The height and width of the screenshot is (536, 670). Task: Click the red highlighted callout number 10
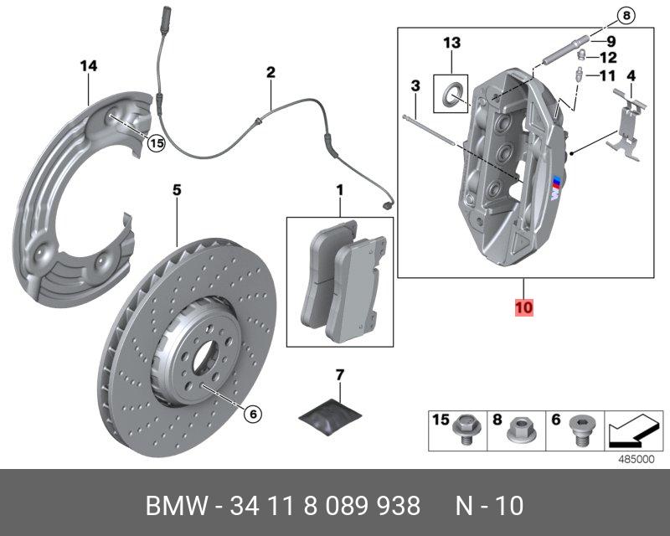point(523,308)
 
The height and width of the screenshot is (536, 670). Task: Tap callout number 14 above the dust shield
point(89,66)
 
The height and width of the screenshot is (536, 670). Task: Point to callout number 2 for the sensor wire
point(271,73)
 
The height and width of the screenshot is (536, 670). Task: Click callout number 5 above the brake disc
point(177,190)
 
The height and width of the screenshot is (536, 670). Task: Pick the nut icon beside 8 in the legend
point(518,430)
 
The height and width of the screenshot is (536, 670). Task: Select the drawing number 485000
point(636,460)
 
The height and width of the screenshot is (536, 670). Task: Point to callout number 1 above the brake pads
point(340,191)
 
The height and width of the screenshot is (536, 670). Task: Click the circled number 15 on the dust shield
point(156,143)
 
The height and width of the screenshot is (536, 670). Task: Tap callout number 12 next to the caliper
point(609,58)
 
